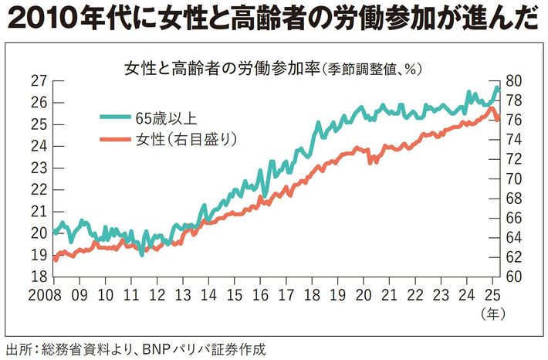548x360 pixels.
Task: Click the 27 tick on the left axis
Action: pos(39,80)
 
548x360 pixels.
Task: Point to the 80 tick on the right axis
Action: pos(514,80)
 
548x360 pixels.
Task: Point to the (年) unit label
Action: pos(492,314)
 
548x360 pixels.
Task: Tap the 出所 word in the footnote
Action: pos(19,348)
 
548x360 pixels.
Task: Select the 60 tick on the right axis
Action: pos(514,277)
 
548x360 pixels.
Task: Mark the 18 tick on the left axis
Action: pos(39,277)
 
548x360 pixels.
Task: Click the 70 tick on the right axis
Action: pos(514,178)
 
